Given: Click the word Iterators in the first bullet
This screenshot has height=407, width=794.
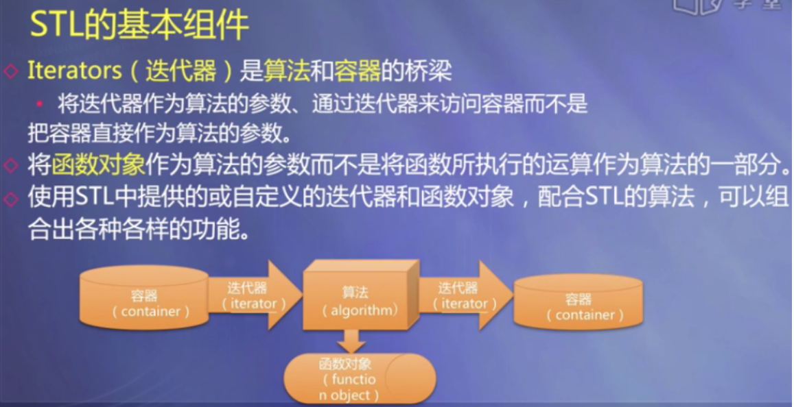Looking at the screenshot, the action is [x=74, y=71].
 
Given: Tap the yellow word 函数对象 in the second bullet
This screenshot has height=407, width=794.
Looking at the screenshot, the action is [x=98, y=165].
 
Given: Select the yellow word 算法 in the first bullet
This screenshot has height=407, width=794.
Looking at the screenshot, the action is [x=287, y=71].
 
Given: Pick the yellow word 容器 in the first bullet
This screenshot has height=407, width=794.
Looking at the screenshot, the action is [x=357, y=71].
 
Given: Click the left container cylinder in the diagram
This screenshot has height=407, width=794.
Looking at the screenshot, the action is [x=144, y=297].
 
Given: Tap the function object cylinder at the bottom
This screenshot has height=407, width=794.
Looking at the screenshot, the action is [x=360, y=378].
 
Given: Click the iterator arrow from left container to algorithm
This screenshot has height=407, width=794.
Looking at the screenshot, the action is [x=255, y=296].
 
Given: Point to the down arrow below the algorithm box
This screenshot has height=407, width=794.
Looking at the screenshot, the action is [x=351, y=341].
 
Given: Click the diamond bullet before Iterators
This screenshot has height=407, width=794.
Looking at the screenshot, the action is [x=10, y=71].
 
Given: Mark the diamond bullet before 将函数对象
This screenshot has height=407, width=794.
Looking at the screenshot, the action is [x=10, y=166].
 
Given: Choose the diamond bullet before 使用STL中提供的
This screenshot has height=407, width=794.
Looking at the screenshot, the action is [x=10, y=199].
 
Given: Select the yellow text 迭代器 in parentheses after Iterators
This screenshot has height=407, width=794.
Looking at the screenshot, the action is [x=180, y=71].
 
